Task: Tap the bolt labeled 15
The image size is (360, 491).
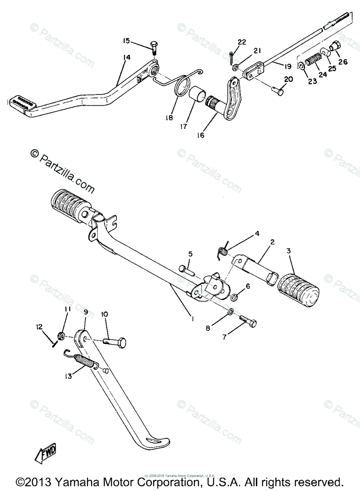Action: (154, 47)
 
